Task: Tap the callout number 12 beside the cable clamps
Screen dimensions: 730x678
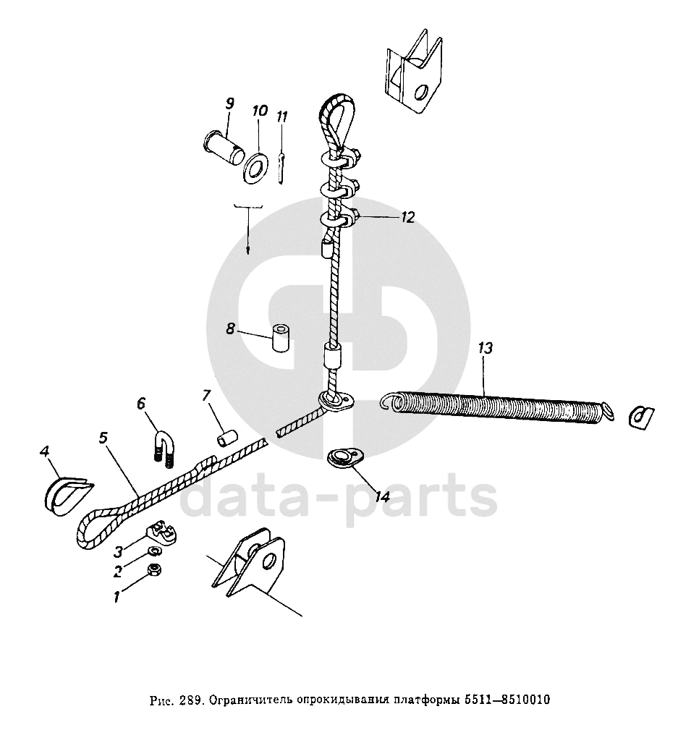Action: [x=408, y=217]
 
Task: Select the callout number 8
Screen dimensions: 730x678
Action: [x=230, y=328]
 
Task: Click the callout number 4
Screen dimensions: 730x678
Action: [x=45, y=452]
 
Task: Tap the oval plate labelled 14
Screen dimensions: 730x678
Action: [x=339, y=457]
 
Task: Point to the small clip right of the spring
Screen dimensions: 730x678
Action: [x=640, y=416]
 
